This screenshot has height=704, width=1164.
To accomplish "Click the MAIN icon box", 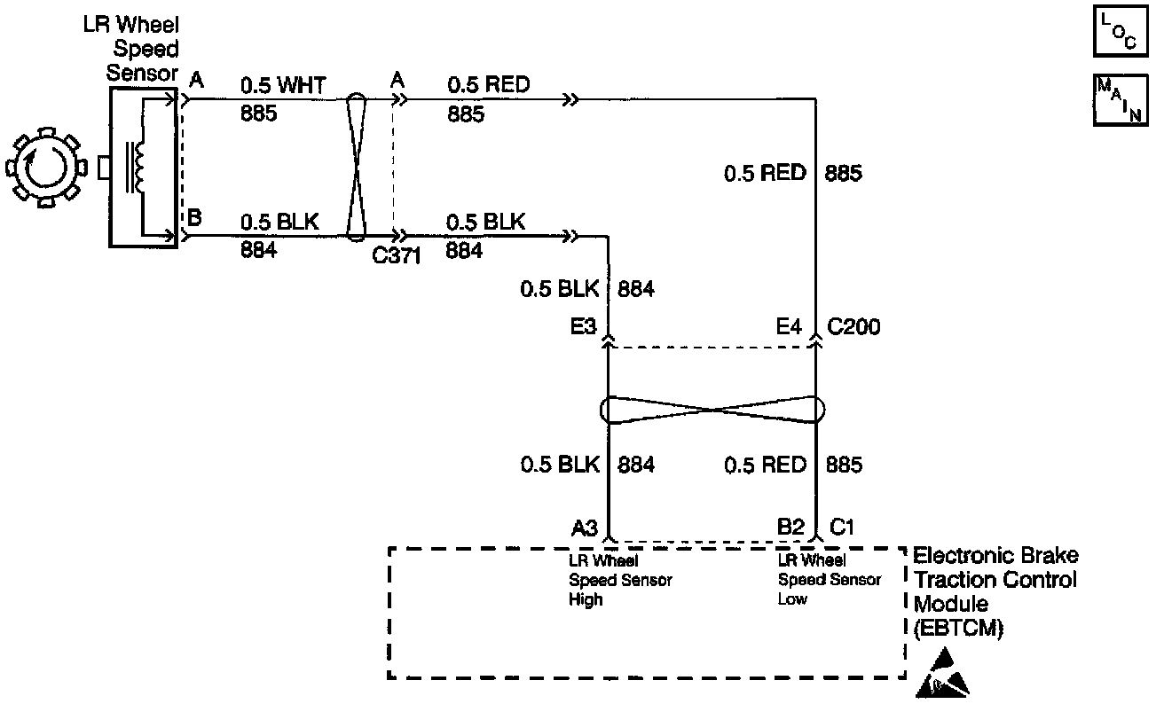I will coord(1117,100).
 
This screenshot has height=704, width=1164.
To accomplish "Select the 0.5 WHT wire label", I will coord(283,85).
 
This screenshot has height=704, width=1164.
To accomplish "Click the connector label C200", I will coord(853,327).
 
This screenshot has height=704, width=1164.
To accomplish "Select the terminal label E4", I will coord(789,327).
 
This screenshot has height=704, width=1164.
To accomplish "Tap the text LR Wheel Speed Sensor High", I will coord(619,580).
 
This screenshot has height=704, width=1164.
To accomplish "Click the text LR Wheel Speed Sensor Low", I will coord(830,580).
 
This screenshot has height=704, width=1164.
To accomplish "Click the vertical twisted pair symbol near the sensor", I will coord(355,167).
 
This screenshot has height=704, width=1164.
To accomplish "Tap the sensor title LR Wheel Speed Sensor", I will coord(143,49).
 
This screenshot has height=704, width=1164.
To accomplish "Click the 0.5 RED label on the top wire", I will coord(488,85).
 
